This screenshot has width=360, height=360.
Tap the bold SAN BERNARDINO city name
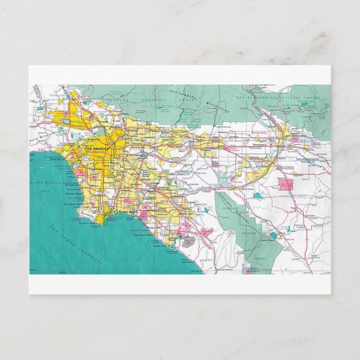[x=296, y=135]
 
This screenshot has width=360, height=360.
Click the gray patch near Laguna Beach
[x=188, y=241]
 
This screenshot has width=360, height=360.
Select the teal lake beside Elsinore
[x=258, y=197]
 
